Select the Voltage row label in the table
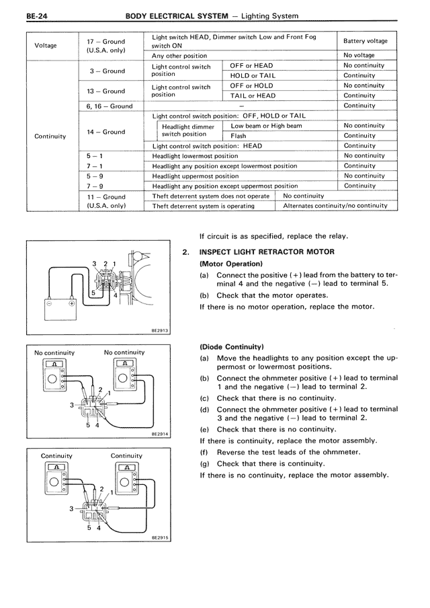tap(46, 46)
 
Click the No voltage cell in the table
tap(359, 55)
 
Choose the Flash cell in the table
tap(239, 135)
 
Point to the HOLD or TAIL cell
tap(253, 75)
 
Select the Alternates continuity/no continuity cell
tap(335, 206)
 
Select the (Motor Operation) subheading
tap(230, 264)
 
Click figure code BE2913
tap(160, 330)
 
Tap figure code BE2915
tap(160, 537)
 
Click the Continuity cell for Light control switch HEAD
tap(359, 145)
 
